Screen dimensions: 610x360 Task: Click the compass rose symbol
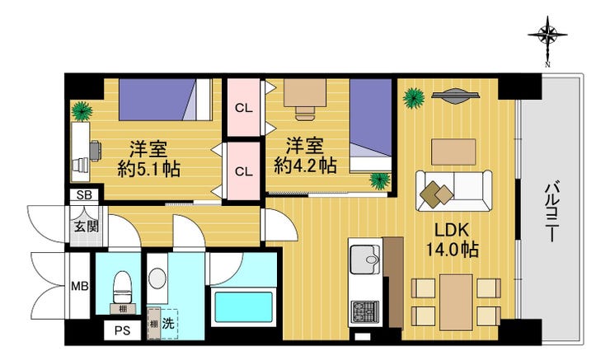tap(547, 35)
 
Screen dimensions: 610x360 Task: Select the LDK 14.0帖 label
tap(453, 240)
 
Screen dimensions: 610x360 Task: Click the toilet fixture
tap(124, 287)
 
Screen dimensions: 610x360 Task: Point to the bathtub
tap(243, 307)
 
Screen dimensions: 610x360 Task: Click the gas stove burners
tap(365, 312)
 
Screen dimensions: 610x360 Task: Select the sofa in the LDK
tap(454, 190)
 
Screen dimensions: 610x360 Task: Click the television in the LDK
tap(455, 96)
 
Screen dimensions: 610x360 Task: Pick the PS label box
tap(123, 331)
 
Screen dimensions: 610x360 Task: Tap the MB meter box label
tap(80, 287)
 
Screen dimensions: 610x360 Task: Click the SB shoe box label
tap(84, 195)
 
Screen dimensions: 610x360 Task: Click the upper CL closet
tap(244, 107)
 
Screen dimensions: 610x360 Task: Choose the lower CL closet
tap(243, 171)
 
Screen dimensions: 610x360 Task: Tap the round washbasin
tap(157, 278)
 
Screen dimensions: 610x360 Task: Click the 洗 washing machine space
tap(168, 324)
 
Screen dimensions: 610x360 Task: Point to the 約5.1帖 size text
tap(149, 169)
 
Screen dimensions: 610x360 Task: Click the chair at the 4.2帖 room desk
tap(305, 112)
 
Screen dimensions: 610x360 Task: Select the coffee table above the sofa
tap(453, 152)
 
